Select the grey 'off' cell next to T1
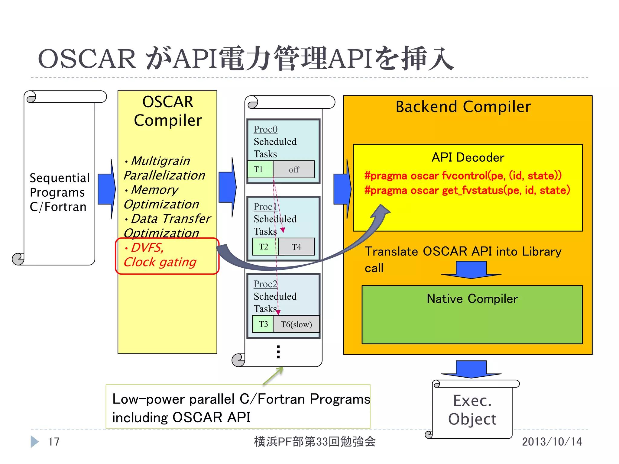click(294, 169)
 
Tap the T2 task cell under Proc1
click(264, 247)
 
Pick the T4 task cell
click(296, 247)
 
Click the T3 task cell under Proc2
click(263, 324)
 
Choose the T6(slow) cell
click(296, 324)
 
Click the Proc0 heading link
click(265, 129)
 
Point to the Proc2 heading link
click(265, 284)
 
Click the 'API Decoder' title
click(468, 157)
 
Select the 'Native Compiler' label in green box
click(472, 299)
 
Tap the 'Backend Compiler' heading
click(463, 107)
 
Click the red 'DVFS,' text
click(147, 248)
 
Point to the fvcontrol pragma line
click(463, 176)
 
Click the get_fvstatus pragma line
click(467, 190)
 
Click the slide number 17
click(54, 442)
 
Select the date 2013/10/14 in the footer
click(552, 442)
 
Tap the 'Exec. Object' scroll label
click(472, 410)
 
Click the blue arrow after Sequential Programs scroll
click(106, 189)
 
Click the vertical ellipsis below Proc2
click(278, 352)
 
